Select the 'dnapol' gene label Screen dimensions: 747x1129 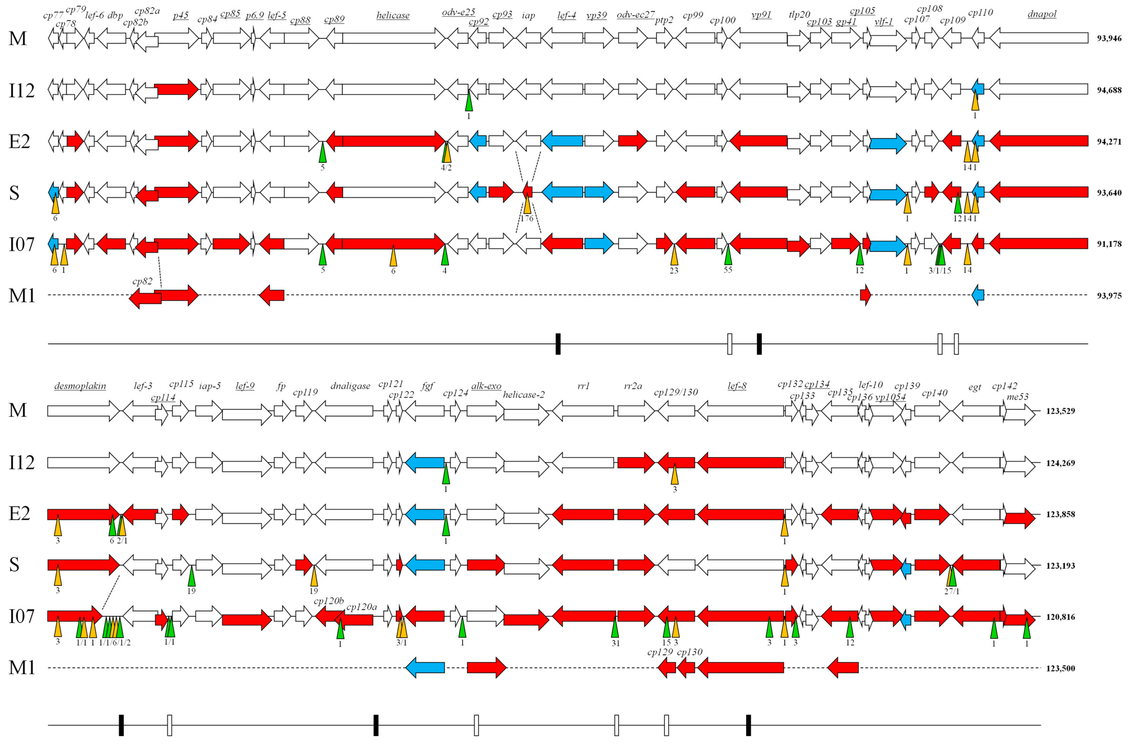point(1042,14)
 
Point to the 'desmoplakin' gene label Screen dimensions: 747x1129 point(80,386)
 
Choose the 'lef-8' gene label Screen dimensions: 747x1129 point(737,386)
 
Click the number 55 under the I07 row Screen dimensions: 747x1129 point(728,270)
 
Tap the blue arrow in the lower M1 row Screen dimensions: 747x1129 point(425,668)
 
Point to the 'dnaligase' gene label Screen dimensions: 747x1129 point(350,386)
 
